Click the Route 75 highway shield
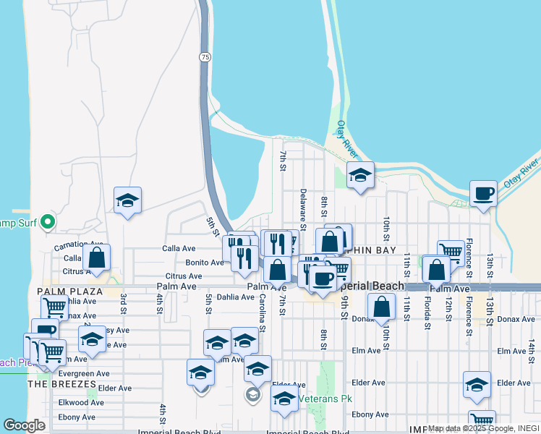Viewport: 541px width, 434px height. pos(207,56)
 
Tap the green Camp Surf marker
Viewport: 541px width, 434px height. pos(48,221)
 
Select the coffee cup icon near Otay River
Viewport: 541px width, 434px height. pos(483,194)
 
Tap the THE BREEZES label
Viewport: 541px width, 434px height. pos(61,384)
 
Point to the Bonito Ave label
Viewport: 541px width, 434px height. pos(205,263)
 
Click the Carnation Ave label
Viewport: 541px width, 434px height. pos(79,245)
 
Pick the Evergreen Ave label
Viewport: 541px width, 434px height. pos(84,374)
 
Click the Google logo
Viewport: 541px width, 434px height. pos(24,425)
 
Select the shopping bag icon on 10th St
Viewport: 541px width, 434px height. pos(382,307)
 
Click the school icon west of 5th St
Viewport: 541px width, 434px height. pos(127,200)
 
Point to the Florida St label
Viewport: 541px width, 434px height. pos(427,308)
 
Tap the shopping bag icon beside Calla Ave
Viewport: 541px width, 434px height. pos(96,257)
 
